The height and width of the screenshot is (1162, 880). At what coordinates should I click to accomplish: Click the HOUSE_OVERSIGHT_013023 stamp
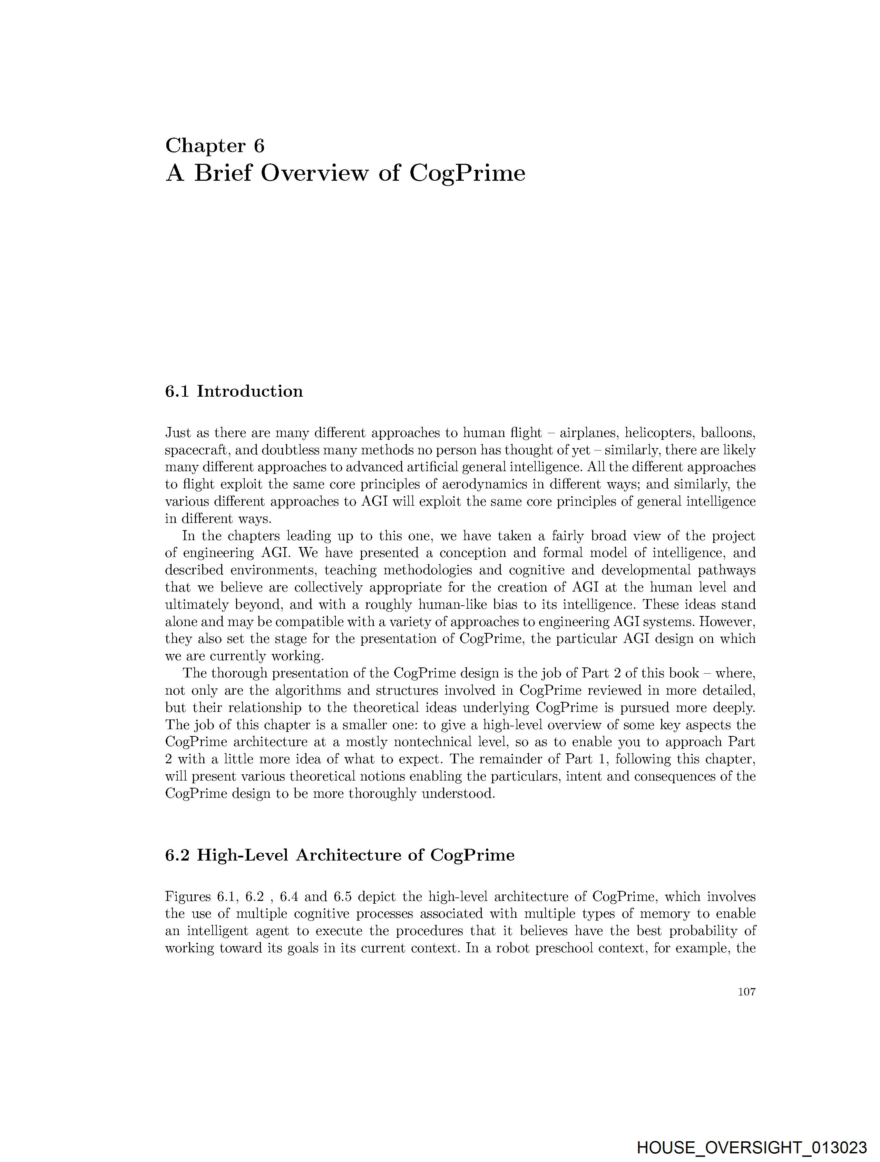751,1147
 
